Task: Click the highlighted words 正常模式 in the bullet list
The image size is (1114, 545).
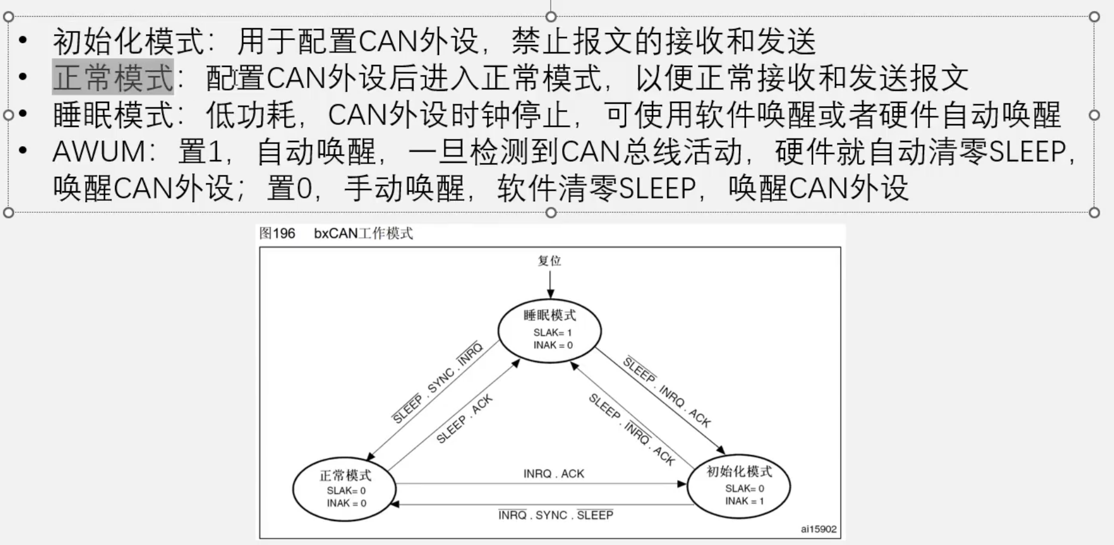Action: (x=113, y=77)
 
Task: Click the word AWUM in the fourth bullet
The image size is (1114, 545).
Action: (x=98, y=152)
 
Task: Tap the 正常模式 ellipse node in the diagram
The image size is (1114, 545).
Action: (x=345, y=489)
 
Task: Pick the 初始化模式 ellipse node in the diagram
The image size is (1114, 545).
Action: (x=739, y=486)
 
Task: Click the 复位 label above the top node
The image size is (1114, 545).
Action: (x=550, y=261)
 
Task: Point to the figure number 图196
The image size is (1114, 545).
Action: (x=277, y=233)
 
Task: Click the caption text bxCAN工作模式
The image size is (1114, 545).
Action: (x=363, y=233)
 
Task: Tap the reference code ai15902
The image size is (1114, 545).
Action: (x=819, y=529)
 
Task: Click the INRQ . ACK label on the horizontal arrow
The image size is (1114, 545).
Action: (x=554, y=474)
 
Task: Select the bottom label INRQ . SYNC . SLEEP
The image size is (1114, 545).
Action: (x=556, y=515)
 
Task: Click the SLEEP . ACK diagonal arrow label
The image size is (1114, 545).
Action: (x=464, y=418)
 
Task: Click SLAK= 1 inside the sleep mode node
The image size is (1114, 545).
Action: (x=553, y=333)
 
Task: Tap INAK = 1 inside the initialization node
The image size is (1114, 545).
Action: (x=744, y=501)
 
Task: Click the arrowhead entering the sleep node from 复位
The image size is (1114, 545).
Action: (x=550, y=294)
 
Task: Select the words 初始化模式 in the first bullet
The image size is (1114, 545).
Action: (x=129, y=41)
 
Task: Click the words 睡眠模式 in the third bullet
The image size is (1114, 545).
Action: (x=113, y=115)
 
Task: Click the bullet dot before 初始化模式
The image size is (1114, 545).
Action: (x=23, y=40)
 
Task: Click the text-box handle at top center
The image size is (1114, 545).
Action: (x=551, y=16)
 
